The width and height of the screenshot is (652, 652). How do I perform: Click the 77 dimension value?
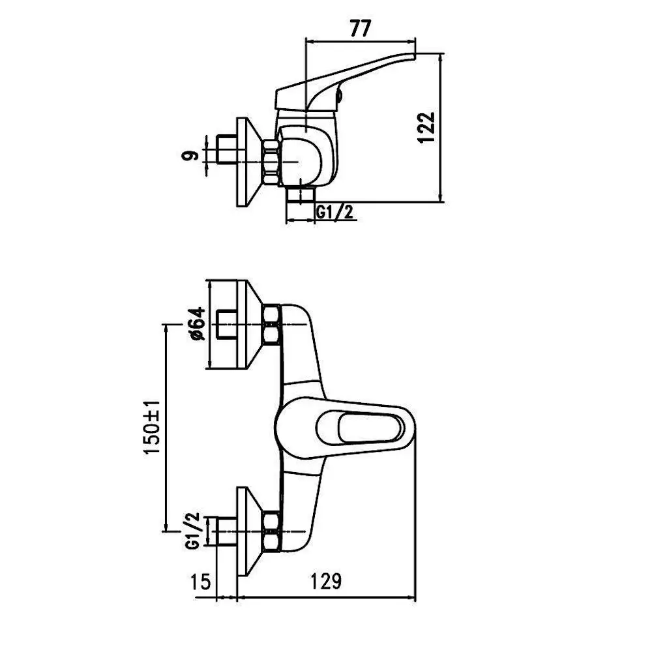click(360, 29)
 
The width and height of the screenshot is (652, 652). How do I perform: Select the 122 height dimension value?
click(426, 127)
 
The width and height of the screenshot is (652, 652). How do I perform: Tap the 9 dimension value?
click(189, 156)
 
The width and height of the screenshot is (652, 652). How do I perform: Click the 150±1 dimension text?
click(152, 428)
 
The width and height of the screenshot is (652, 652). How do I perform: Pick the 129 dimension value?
click(326, 581)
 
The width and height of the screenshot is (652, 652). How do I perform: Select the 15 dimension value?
click(200, 582)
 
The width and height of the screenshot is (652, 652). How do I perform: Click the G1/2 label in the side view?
click(334, 212)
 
